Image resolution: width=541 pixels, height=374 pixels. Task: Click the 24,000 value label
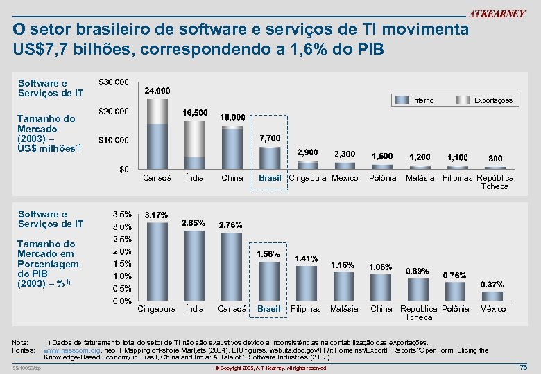[157, 91]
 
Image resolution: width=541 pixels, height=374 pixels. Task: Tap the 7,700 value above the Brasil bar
[270, 138]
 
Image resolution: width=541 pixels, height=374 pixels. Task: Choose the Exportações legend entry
[493, 100]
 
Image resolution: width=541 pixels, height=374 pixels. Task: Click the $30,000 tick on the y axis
[114, 82]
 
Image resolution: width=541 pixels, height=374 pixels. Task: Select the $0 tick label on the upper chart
[123, 169]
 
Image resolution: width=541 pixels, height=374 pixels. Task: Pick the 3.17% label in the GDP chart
[156, 215]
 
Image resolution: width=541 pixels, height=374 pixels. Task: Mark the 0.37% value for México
[492, 285]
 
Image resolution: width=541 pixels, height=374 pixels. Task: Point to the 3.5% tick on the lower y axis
[123, 214]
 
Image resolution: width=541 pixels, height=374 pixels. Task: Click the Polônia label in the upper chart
[382, 178]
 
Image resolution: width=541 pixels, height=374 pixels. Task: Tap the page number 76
[523, 367]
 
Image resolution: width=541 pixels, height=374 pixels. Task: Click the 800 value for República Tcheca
[495, 159]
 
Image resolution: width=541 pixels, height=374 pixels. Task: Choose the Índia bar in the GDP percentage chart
[194, 266]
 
